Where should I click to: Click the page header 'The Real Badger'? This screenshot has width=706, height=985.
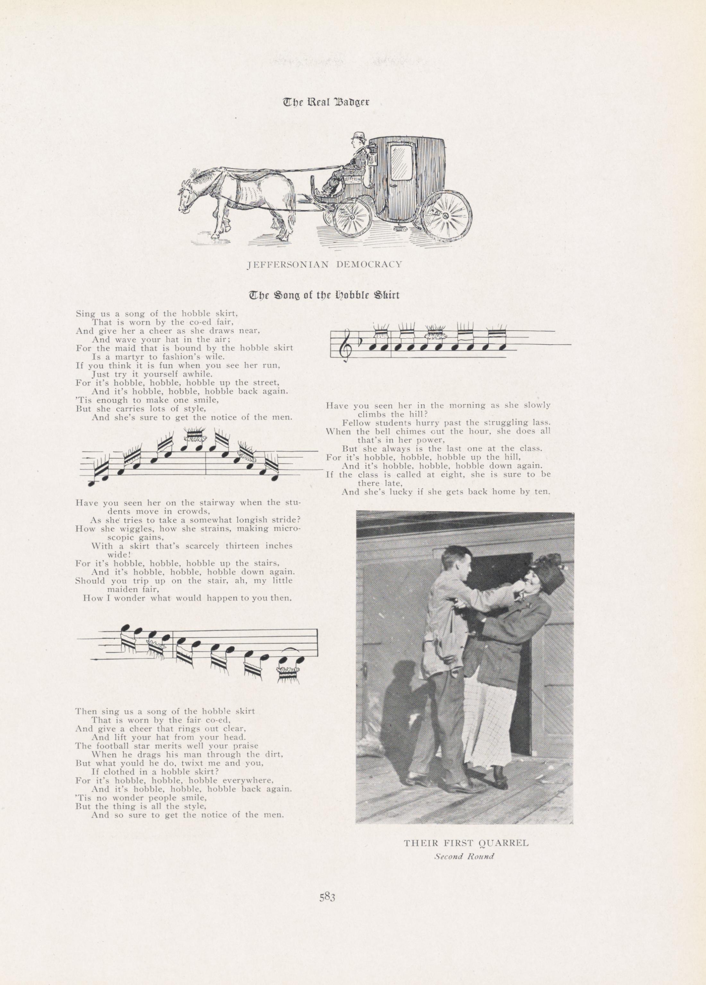(326, 102)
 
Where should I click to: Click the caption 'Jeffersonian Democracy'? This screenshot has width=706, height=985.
(324, 264)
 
